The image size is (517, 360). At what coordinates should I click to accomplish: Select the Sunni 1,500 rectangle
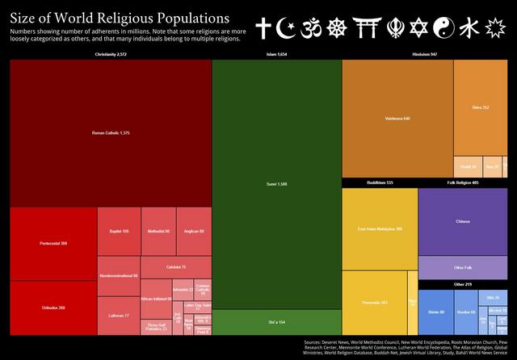coord(276,184)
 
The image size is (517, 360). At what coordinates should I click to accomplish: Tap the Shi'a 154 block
coord(276,322)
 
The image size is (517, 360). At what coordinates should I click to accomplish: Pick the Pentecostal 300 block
coord(53,243)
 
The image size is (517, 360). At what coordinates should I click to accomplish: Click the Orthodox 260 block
coord(53,308)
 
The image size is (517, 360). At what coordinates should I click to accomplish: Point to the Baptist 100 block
coord(119,231)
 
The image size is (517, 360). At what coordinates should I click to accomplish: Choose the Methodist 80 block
coord(158,231)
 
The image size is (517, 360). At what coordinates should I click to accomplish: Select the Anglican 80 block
coord(195,231)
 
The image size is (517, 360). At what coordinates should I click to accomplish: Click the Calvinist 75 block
coord(176,267)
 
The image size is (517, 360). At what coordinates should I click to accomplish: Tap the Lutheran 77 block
coord(119,316)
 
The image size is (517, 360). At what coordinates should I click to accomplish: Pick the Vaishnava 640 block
coord(397,118)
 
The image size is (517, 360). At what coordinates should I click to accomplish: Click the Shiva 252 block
coord(480,107)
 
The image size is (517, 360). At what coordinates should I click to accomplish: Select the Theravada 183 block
coord(374,303)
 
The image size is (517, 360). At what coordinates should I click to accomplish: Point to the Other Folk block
coord(463,267)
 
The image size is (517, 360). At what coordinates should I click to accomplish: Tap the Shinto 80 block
coord(436,312)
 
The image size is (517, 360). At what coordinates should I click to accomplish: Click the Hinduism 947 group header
coord(424,54)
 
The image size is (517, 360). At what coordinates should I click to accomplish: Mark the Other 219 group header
coord(463,284)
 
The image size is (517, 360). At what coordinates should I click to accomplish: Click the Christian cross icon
coord(263,29)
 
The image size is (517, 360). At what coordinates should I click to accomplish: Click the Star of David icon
coord(418,29)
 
